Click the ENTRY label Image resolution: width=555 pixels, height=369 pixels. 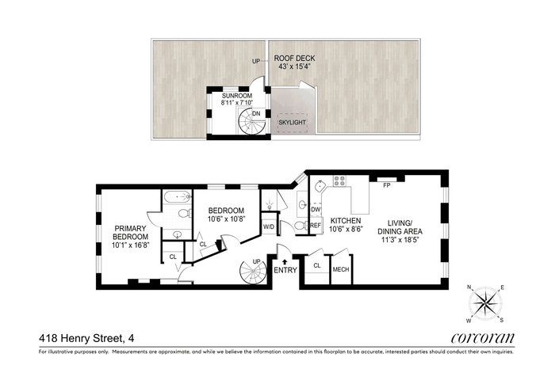[285, 270]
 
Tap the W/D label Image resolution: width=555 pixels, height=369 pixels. [269, 226]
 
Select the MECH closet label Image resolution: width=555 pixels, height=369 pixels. [341, 270]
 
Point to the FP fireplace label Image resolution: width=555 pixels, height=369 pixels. [387, 184]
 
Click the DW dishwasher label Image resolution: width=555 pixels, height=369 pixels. [316, 210]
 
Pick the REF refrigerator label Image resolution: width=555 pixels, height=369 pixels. [316, 225]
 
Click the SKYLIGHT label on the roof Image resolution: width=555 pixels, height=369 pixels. [292, 123]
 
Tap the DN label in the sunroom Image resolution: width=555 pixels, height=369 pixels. [256, 114]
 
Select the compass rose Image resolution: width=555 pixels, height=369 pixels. [485, 303]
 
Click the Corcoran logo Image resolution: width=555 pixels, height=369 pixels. [482, 338]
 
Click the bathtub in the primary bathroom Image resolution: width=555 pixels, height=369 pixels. [177, 196]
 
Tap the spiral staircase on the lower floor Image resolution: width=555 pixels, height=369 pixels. [253, 272]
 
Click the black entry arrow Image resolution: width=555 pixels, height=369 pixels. [285, 262]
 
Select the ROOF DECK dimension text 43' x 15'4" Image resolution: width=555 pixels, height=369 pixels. [294, 67]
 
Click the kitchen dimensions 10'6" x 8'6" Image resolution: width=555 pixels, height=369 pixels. [346, 229]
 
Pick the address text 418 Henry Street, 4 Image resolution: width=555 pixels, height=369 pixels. [86, 339]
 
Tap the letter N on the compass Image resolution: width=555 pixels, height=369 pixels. [469, 287]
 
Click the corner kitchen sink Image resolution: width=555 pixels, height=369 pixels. [320, 186]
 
